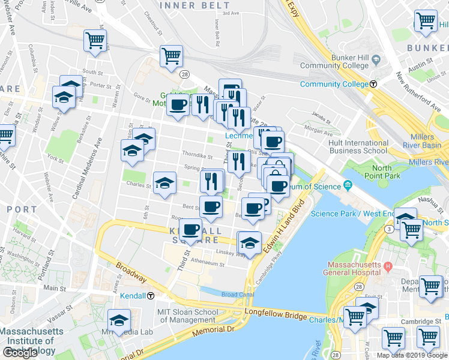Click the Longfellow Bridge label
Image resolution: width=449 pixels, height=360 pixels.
[277, 314]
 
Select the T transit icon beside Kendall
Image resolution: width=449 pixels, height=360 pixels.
[151, 296]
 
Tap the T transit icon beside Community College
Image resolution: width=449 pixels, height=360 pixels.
[373, 84]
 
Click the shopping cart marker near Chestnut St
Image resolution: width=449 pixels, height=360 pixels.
[171, 56]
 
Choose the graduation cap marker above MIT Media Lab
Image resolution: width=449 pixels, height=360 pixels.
[119, 320]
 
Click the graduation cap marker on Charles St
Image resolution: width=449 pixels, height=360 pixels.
[164, 183]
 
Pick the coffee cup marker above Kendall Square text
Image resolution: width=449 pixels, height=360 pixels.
[190, 229]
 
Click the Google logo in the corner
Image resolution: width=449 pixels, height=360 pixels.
[20, 353]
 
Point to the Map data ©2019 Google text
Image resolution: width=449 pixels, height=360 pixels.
[412, 355]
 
